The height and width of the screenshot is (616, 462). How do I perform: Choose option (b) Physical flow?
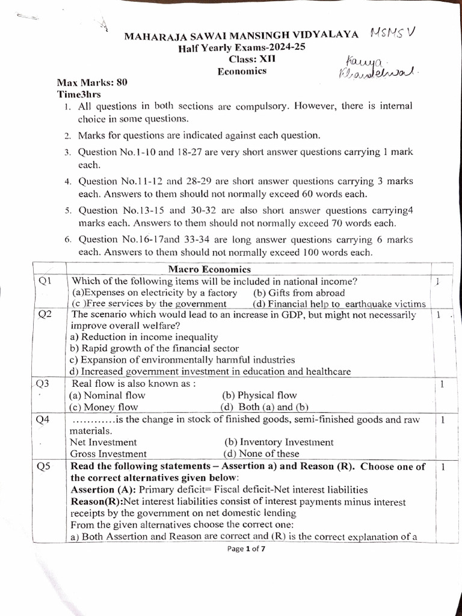[259, 395]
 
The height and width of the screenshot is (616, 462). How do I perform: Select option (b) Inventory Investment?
[279, 442]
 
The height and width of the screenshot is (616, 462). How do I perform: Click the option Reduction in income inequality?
[144, 337]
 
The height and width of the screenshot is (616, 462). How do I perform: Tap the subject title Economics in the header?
[242, 71]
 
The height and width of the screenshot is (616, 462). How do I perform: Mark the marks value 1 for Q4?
[442, 420]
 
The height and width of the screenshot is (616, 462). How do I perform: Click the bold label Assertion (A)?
[103, 490]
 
